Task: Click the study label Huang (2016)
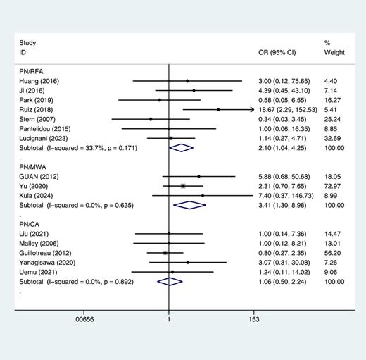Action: pyautogui.click(x=39, y=81)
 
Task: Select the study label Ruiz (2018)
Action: pyautogui.click(x=37, y=110)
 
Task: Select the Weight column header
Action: pyautogui.click(x=334, y=53)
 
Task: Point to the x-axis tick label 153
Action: pyautogui.click(x=254, y=319)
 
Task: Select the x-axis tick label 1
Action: pyautogui.click(x=169, y=319)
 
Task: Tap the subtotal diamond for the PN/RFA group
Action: pyautogui.click(x=182, y=147)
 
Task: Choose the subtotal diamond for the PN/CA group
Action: pyautogui.click(x=170, y=281)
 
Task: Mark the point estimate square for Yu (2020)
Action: pyautogui.click(x=183, y=185)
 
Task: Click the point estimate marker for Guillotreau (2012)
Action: pyautogui.click(x=165, y=252)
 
